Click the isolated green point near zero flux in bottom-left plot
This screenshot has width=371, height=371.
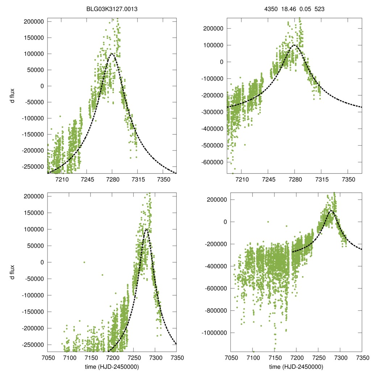pyautogui.click(x=84, y=262)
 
